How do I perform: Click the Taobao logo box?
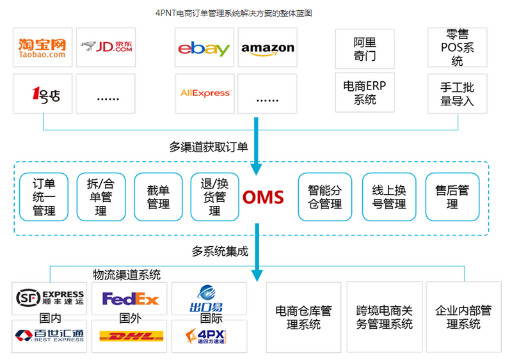coord(42,47)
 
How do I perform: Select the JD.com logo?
coord(106,47)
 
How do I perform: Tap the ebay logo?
coord(204,47)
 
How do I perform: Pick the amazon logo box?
coord(268,47)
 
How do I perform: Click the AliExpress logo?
coord(204,93)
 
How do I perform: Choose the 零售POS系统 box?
coord(457,47)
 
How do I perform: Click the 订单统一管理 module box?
coord(44,197)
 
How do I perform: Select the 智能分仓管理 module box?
coord(324,197)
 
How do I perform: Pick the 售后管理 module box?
coord(452,197)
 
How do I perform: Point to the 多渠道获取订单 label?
coord(209,147)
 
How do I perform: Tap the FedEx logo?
coord(130,299)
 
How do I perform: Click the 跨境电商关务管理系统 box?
coord(384,317)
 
